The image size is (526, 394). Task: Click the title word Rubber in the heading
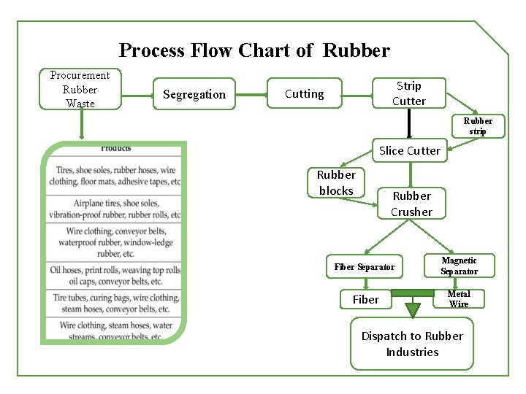click(356, 50)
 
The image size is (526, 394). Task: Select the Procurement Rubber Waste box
click(80, 89)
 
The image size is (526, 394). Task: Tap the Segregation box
click(194, 94)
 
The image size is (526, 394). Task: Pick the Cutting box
click(304, 93)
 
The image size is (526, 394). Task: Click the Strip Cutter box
click(408, 93)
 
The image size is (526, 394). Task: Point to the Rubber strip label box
click(478, 126)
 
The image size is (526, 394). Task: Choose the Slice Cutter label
click(409, 151)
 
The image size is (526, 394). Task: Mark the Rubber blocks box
click(336, 183)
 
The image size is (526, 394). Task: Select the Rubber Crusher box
click(411, 204)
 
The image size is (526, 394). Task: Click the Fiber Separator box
click(364, 267)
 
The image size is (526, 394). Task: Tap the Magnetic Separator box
click(459, 266)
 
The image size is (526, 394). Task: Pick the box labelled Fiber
click(366, 299)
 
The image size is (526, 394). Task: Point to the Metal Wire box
click(459, 299)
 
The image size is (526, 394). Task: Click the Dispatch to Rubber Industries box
click(412, 344)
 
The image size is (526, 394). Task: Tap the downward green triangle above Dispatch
click(413, 309)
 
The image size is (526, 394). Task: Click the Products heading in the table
click(116, 149)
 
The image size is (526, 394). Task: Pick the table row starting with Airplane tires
click(116, 209)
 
